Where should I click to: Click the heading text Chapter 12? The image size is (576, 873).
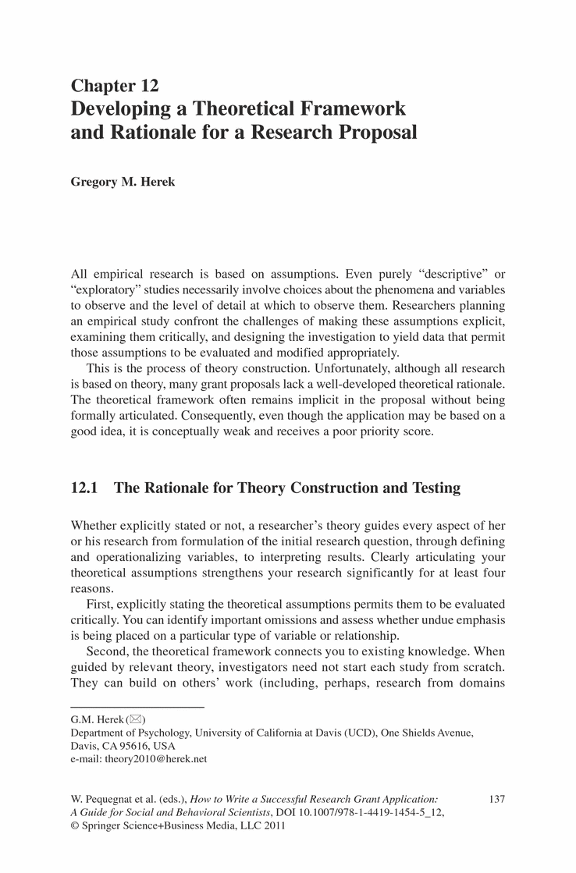(x=115, y=87)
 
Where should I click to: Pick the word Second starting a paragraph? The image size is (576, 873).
(x=107, y=651)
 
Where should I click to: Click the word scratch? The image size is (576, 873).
(x=484, y=668)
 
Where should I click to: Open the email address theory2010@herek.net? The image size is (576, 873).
(x=156, y=758)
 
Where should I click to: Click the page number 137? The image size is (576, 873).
(x=496, y=799)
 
